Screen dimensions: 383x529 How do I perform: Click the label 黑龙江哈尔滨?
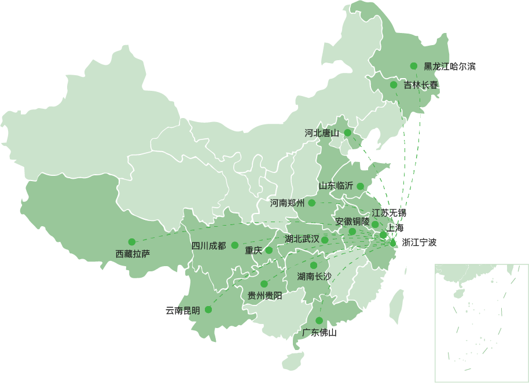[x=449, y=67]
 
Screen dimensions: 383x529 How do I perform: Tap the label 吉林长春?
[x=421, y=85]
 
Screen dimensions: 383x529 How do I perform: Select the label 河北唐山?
[x=322, y=133]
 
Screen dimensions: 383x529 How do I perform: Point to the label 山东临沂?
[x=336, y=186]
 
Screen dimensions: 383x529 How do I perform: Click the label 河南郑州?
[x=287, y=203]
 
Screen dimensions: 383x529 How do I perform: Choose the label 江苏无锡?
[x=389, y=212]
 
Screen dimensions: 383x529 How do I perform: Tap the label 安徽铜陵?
[x=352, y=222]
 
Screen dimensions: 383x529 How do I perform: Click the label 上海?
[x=395, y=228]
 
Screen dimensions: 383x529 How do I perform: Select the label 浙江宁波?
[x=419, y=242]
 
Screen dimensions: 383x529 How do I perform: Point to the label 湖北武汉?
[x=302, y=239]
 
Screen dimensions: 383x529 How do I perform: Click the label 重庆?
[x=253, y=251]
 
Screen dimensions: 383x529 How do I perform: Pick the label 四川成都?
[x=208, y=246]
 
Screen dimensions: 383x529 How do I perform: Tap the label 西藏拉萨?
[x=133, y=253]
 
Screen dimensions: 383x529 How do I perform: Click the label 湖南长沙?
[x=314, y=277]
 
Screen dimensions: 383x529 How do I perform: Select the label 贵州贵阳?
[x=264, y=296]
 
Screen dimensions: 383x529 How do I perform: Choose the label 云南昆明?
[x=182, y=311]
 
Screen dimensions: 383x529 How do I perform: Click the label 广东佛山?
[x=319, y=333]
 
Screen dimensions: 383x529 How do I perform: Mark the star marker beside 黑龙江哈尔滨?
[x=414, y=67]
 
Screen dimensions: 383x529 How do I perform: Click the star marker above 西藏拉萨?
[x=131, y=242]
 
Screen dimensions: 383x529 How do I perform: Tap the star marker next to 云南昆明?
[x=208, y=310]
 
